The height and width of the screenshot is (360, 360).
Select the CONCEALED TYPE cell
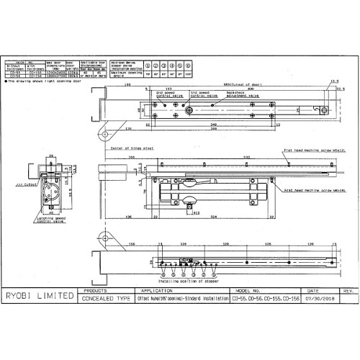pyautogui.click(x=107, y=297)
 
